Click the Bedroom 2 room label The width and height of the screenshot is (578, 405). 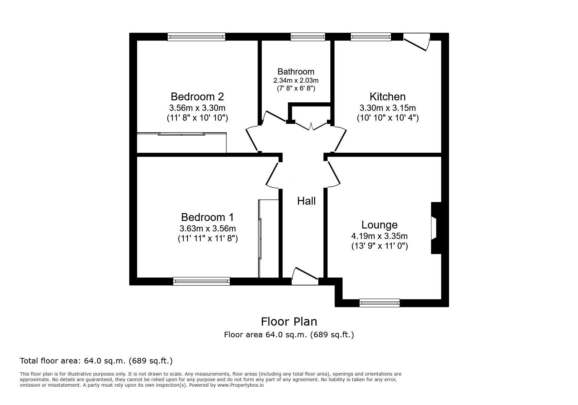(197, 97)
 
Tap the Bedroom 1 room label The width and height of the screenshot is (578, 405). (208, 217)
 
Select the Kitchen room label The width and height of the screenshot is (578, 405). (387, 97)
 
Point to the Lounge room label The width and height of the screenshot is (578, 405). (379, 225)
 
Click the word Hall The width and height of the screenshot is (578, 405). (306, 201)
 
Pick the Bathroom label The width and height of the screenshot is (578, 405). (296, 72)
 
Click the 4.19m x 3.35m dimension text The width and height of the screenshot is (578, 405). (379, 236)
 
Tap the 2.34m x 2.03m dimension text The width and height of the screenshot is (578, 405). (296, 80)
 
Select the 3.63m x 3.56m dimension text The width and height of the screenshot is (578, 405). (208, 228)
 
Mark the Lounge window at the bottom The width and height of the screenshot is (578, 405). (380, 303)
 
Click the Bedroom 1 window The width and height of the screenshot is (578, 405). (201, 281)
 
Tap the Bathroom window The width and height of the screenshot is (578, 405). (308, 37)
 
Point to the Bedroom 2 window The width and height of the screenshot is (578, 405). (196, 37)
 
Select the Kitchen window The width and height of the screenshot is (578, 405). (371, 37)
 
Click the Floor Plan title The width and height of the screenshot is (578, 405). (289, 322)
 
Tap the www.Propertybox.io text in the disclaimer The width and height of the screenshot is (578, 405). (241, 385)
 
